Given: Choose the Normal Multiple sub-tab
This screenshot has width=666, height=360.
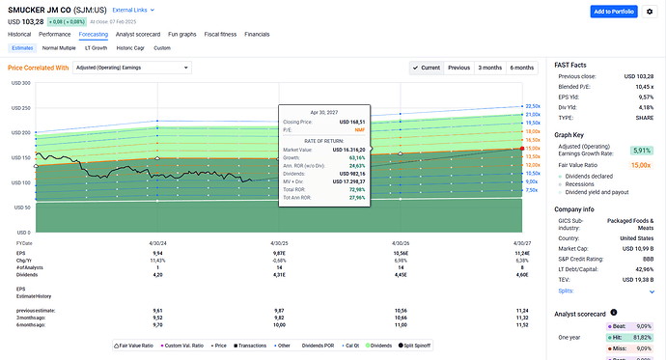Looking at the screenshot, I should (x=59, y=47).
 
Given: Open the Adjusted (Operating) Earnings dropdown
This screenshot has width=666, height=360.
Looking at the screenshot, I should (x=132, y=68).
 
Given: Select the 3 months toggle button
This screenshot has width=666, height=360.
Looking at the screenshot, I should (x=490, y=68).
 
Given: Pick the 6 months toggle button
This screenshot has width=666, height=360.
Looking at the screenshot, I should (x=522, y=68).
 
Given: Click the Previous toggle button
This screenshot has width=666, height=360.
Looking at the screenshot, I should (x=458, y=68).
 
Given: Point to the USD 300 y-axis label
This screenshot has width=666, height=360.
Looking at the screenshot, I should (x=19, y=83).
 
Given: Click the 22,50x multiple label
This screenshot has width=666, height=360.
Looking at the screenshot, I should (x=531, y=106).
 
